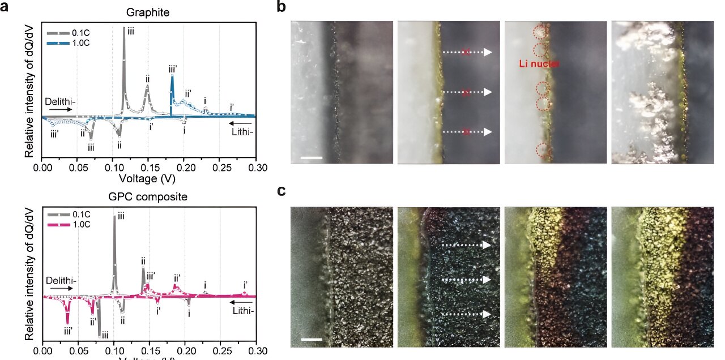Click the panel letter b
click(x=282, y=7)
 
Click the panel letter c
click(x=282, y=190)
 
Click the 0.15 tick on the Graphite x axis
click(x=149, y=168)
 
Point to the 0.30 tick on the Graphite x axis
click(x=255, y=168)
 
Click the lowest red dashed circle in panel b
click(x=543, y=151)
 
